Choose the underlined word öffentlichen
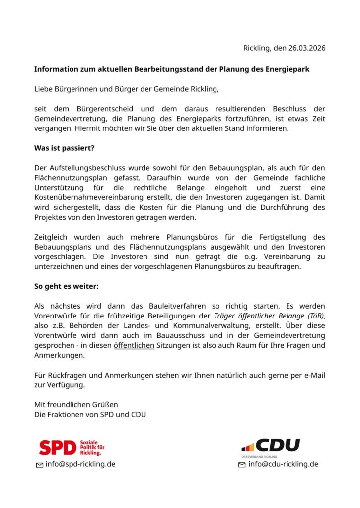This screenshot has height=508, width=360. pyautogui.click(x=134, y=345)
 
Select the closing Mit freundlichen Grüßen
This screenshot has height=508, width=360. pyautogui.click(x=75, y=404)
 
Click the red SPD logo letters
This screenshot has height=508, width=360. pyautogui.click(x=58, y=447)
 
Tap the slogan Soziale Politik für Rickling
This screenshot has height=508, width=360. pyautogui.click(x=92, y=447)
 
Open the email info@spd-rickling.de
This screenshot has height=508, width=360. pyautogui.click(x=80, y=464)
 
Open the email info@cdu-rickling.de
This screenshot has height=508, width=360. pyautogui.click(x=283, y=464)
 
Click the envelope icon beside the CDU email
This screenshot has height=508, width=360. pyautogui.click(x=242, y=465)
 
